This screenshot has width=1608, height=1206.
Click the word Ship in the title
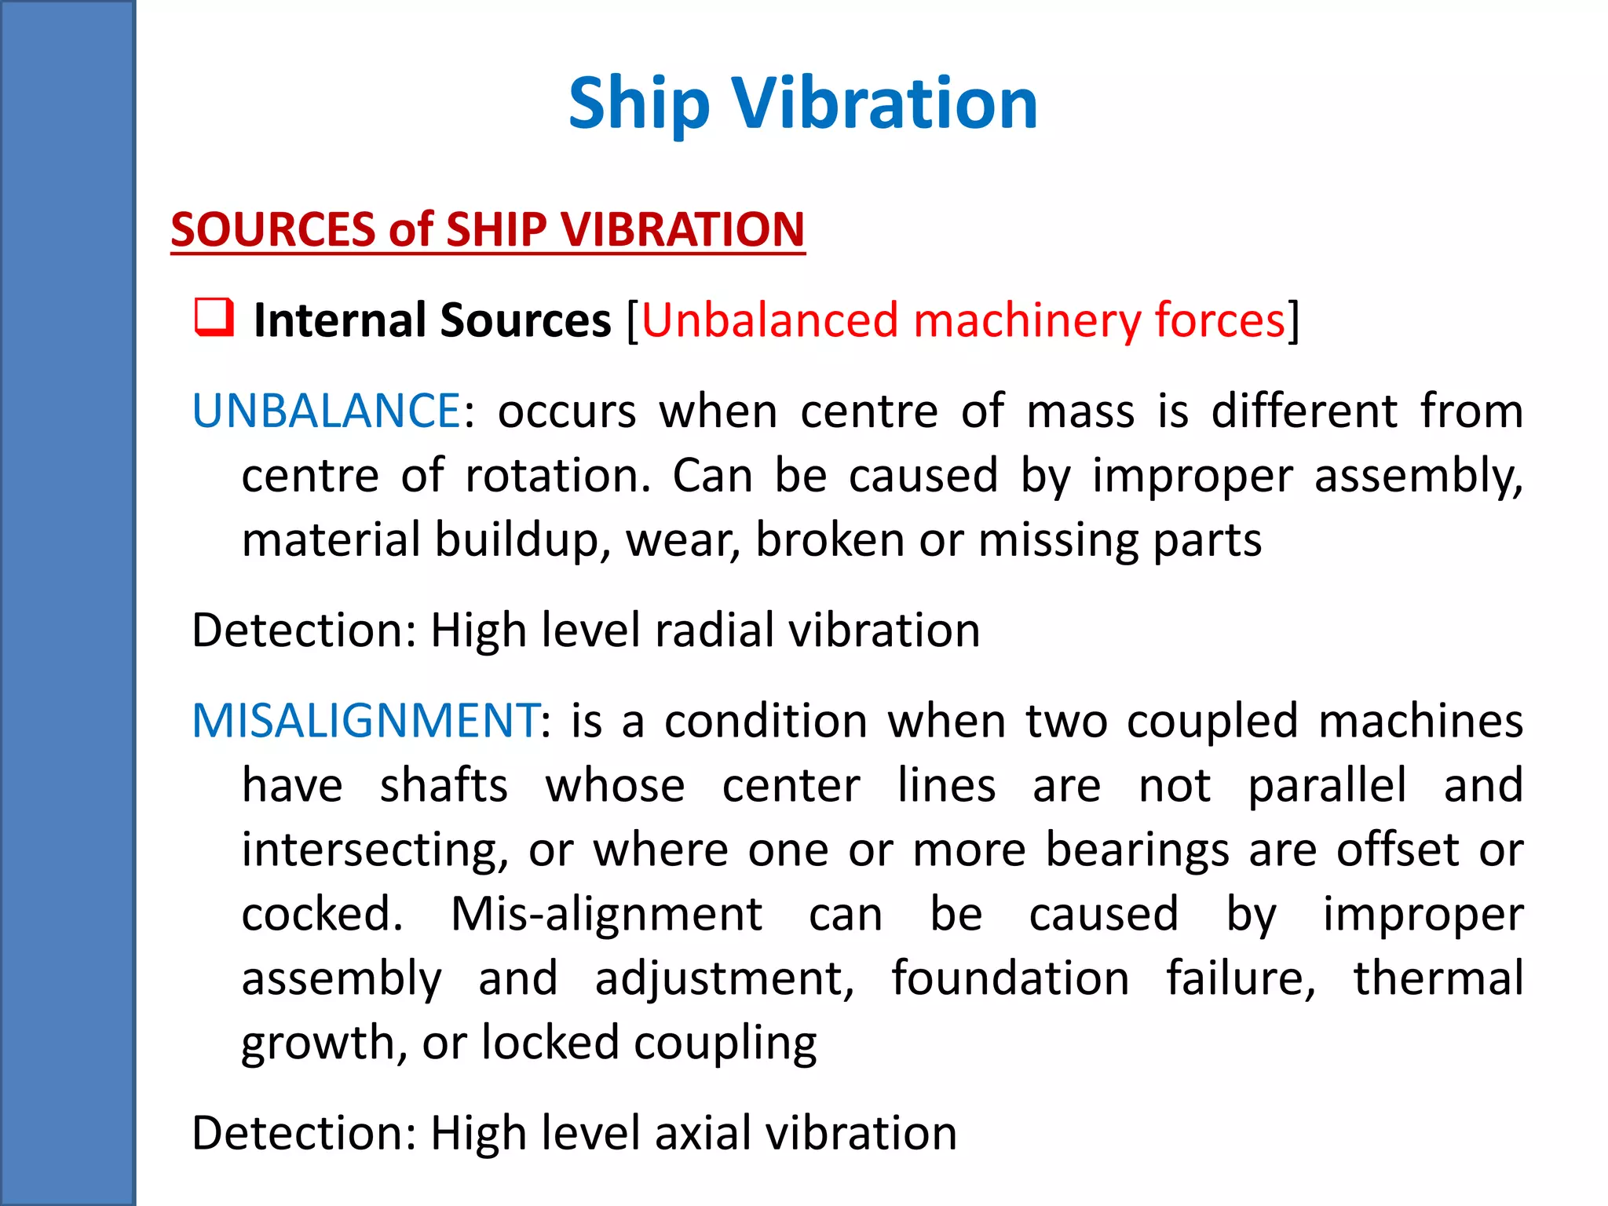[639, 104]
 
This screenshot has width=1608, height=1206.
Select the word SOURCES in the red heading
[273, 229]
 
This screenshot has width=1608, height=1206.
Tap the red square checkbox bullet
[214, 318]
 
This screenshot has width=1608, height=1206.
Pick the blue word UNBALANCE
[326, 411]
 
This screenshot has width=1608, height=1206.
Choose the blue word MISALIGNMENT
[365, 720]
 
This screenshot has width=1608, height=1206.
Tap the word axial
[702, 1133]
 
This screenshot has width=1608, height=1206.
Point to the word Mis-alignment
[606, 914]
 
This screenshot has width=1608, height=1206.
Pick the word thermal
[1438, 978]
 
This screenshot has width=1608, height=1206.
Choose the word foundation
[1010, 978]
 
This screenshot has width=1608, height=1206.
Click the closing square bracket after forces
[1293, 320]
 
